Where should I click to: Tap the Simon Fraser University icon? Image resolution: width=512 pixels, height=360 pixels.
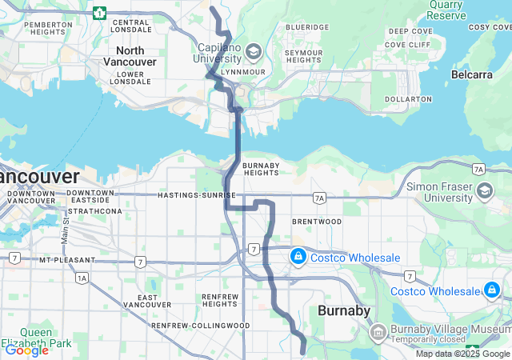point(485,191)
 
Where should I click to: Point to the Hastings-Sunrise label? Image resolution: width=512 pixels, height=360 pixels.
point(197,195)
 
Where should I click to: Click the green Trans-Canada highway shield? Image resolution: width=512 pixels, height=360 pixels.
point(99,13)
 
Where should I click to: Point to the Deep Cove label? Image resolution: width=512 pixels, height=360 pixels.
point(410,31)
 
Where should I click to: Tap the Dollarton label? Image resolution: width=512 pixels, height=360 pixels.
point(408,98)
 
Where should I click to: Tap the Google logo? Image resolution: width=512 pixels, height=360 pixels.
point(26,350)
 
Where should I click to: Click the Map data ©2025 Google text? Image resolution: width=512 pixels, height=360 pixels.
point(462,354)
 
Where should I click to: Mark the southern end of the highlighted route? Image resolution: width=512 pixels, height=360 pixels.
point(302,351)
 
